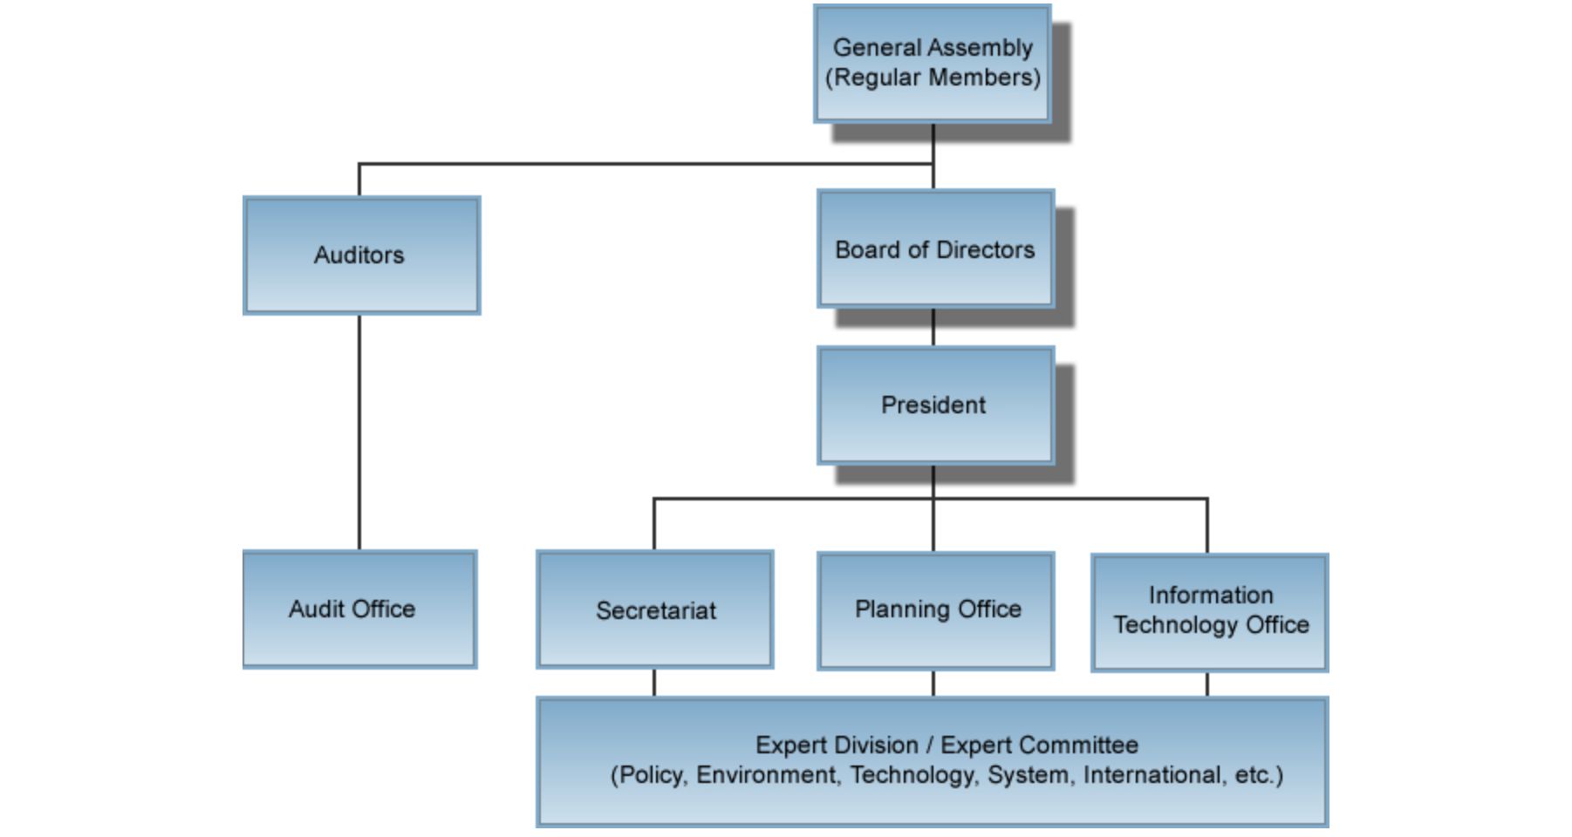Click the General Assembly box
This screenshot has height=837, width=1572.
[x=932, y=64]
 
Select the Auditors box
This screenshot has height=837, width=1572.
[x=361, y=255]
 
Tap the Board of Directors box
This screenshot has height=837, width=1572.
[x=935, y=249]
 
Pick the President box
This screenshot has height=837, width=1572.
[x=935, y=405]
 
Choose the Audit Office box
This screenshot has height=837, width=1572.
[x=359, y=609]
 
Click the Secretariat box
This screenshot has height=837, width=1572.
[x=654, y=609]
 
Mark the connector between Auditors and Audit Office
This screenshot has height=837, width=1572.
[x=359, y=432]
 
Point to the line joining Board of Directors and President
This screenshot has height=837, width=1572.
[x=933, y=327]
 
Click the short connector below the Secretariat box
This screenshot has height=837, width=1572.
[x=654, y=683]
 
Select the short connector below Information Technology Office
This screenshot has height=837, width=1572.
[x=1207, y=684]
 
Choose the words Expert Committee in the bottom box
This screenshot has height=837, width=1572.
[x=1039, y=745]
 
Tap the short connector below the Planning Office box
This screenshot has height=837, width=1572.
[x=933, y=684]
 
